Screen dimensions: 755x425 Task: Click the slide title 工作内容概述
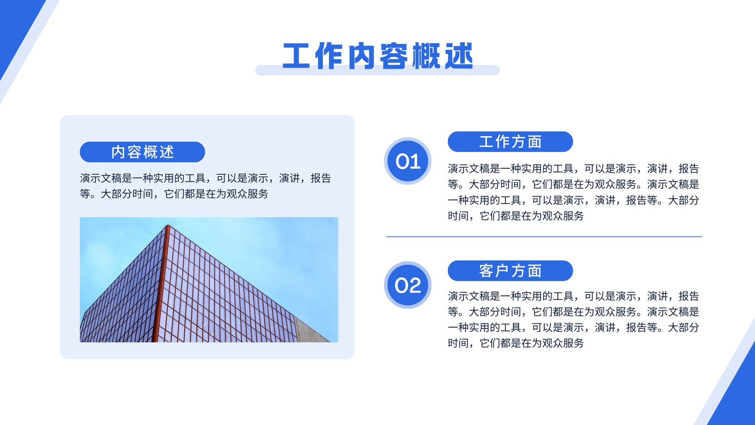click(377, 56)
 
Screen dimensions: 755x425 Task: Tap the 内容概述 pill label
click(142, 152)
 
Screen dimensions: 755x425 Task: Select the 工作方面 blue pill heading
click(510, 142)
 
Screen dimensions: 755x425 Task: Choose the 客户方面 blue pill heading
click(510, 271)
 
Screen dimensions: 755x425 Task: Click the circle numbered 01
click(408, 161)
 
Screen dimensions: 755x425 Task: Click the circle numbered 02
click(408, 285)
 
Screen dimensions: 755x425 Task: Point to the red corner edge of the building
click(161, 283)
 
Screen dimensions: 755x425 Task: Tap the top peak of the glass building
click(168, 225)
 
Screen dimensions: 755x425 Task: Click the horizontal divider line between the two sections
click(544, 237)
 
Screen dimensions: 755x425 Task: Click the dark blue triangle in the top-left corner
click(15, 27)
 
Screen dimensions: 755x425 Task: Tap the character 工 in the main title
click(295, 56)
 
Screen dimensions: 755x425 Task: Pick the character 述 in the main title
click(459, 56)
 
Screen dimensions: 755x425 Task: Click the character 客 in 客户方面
click(486, 271)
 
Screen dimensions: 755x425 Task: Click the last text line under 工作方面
click(516, 216)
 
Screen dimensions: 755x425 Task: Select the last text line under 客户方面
click(516, 343)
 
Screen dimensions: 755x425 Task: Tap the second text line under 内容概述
click(174, 194)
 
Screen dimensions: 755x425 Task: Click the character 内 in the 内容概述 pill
click(118, 152)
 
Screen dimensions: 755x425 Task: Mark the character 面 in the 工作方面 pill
click(535, 142)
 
